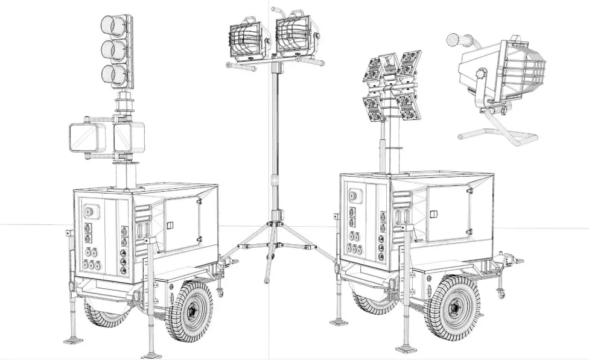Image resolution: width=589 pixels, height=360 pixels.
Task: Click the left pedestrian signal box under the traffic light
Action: click(88, 138)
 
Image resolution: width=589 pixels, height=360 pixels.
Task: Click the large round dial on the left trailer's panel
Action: click(90, 212)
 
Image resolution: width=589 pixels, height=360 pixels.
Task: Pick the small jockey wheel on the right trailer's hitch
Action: click(500, 294)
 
